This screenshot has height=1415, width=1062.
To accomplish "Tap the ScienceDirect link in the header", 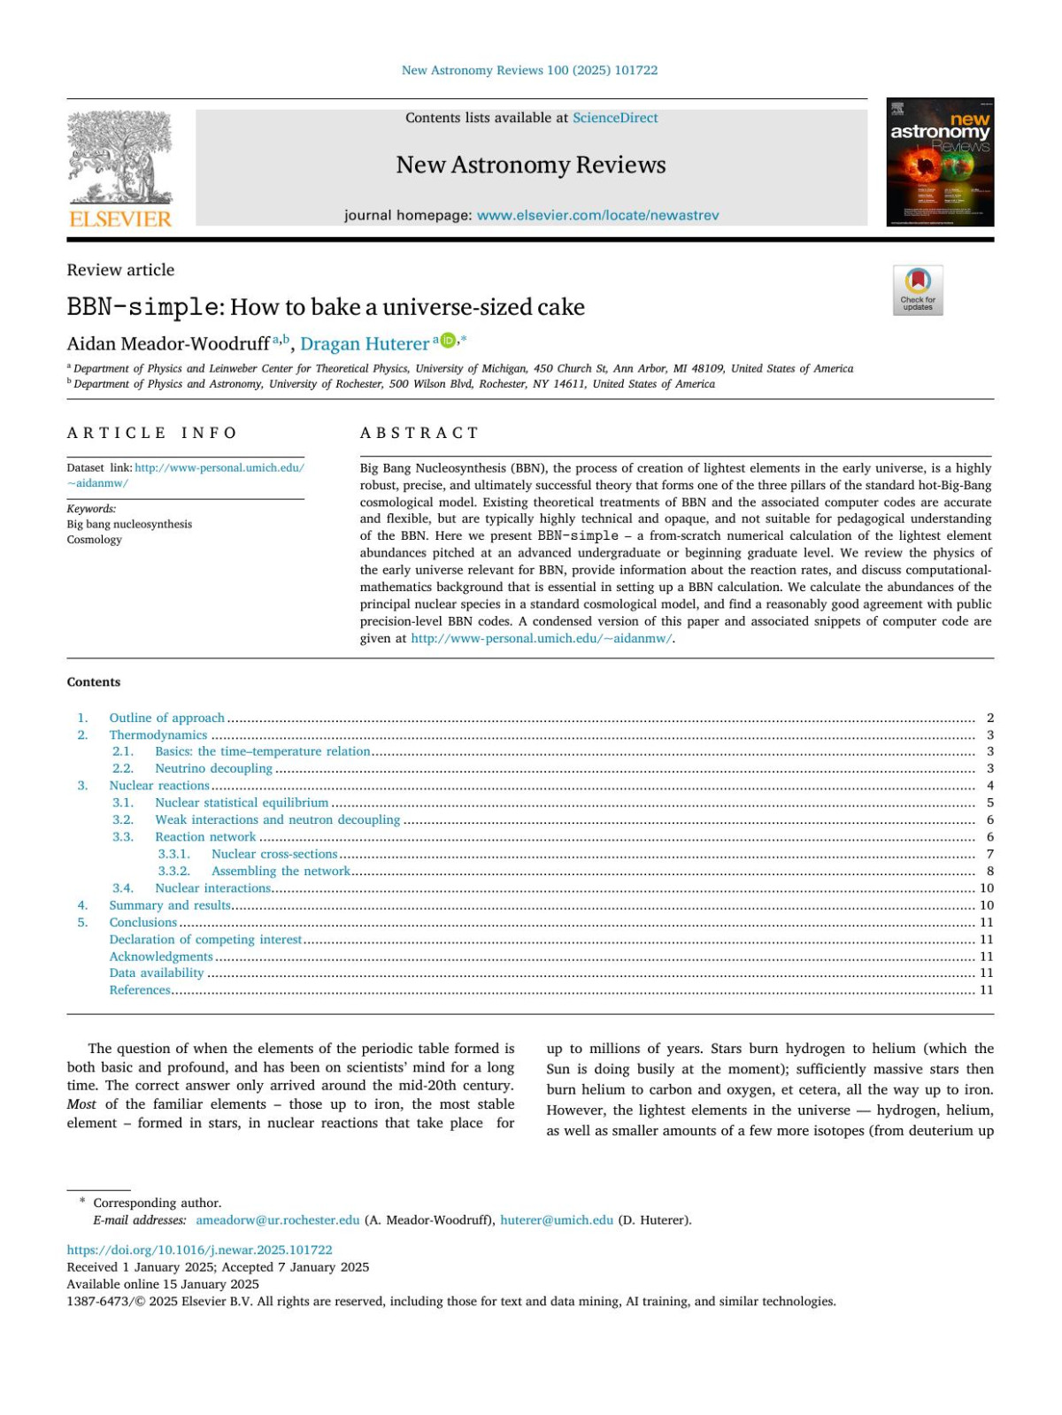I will pos(615,118).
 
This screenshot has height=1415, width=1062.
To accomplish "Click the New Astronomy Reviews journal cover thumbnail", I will pos(940,162).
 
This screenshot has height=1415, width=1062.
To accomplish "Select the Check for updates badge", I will pos(918,289).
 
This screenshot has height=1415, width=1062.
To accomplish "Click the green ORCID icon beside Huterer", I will pos(448,341).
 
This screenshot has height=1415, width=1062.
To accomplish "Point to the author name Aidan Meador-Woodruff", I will pos(168,343).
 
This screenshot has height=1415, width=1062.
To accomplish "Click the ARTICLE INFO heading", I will pos(152,433).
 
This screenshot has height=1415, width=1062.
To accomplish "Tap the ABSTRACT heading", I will pos(419,433).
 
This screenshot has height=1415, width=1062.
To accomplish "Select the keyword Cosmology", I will pos(95,540).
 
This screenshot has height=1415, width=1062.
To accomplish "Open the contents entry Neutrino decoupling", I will pos(213,768).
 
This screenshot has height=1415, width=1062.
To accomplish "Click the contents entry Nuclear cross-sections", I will pos(274,854).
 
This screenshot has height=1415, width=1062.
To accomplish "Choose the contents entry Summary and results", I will pos(170,905).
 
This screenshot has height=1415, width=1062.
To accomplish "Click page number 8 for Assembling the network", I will pos(989,871).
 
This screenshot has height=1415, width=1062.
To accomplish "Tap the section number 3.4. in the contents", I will pos(123,888).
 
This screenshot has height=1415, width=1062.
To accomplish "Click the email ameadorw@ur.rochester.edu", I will pos(278,1219).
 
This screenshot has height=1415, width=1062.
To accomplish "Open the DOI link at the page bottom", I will pos(200,1250).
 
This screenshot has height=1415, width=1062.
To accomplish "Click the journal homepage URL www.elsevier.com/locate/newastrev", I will pos(597,215).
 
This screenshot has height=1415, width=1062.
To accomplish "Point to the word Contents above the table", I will pos(94,682).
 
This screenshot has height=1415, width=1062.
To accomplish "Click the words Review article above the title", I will pos(121,270).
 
